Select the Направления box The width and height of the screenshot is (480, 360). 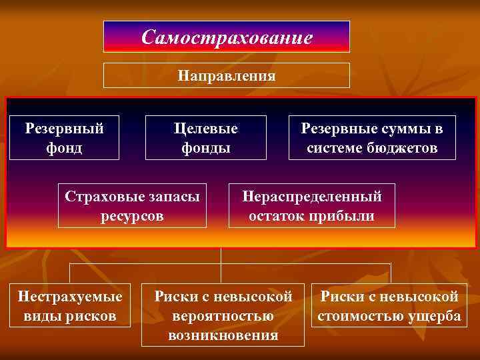tap(226, 75)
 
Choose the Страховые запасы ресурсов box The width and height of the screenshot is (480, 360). tap(132, 206)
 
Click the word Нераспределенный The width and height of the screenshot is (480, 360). tap(311, 197)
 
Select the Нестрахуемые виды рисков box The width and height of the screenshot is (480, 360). tap(70, 305)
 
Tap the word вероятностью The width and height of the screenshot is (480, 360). tap(223, 315)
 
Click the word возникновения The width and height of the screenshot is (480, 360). tap(223, 335)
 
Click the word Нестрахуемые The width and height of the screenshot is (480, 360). tap(70, 296)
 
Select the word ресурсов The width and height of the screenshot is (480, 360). tap(132, 216)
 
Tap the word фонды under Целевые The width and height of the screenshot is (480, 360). tap(205, 147)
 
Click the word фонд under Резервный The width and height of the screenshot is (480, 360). tap(64, 147)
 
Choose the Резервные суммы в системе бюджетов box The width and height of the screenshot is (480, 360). tap(372, 137)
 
